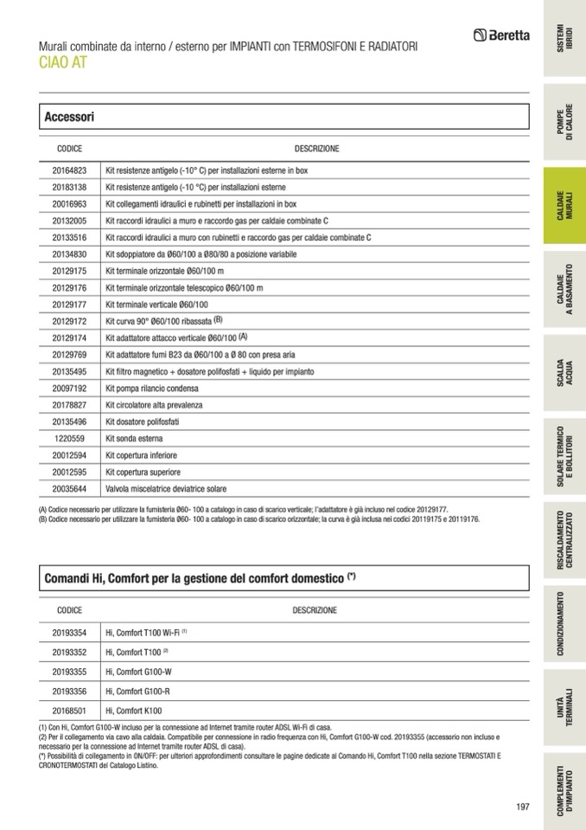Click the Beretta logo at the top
click(501, 35)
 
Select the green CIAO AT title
click(62, 62)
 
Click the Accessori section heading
click(69, 117)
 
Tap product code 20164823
click(69, 171)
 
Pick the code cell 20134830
click(69, 254)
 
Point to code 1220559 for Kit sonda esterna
click(69, 438)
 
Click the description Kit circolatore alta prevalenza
click(154, 405)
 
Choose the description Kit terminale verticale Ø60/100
click(156, 305)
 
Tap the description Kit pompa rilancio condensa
click(148, 389)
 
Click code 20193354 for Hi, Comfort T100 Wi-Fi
click(69, 633)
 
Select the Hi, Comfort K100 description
click(133, 710)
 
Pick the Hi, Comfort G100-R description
click(138, 691)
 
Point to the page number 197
click(522, 807)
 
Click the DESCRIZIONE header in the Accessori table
click(316, 149)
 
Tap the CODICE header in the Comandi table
click(69, 610)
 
